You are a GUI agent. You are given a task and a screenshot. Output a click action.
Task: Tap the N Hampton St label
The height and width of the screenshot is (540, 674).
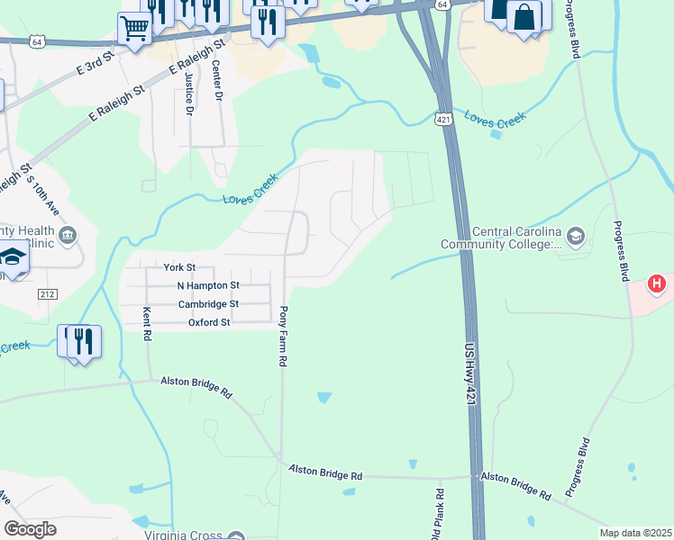tap(208, 285)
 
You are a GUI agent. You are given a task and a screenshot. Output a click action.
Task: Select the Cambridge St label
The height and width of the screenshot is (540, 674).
tap(208, 304)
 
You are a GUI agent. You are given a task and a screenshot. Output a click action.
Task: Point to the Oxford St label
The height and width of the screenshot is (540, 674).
tap(209, 322)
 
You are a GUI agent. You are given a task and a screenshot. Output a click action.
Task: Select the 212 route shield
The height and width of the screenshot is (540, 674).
tap(48, 294)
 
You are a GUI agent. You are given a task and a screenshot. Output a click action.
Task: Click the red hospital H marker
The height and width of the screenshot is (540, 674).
tap(658, 284)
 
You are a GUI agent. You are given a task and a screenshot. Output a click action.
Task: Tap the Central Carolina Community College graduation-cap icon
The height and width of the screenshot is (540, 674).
tap(576, 237)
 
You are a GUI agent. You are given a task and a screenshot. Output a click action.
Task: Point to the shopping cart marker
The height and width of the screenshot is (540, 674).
tap(135, 29)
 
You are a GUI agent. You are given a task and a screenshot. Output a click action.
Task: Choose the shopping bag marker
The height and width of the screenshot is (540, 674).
tap(524, 16)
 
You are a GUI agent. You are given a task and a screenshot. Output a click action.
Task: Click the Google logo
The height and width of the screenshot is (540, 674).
tap(30, 529)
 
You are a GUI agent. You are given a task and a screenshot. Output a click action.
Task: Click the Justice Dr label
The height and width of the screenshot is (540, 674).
tap(189, 94)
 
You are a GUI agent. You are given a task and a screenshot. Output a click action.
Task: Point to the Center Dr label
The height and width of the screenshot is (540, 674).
tap(216, 81)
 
